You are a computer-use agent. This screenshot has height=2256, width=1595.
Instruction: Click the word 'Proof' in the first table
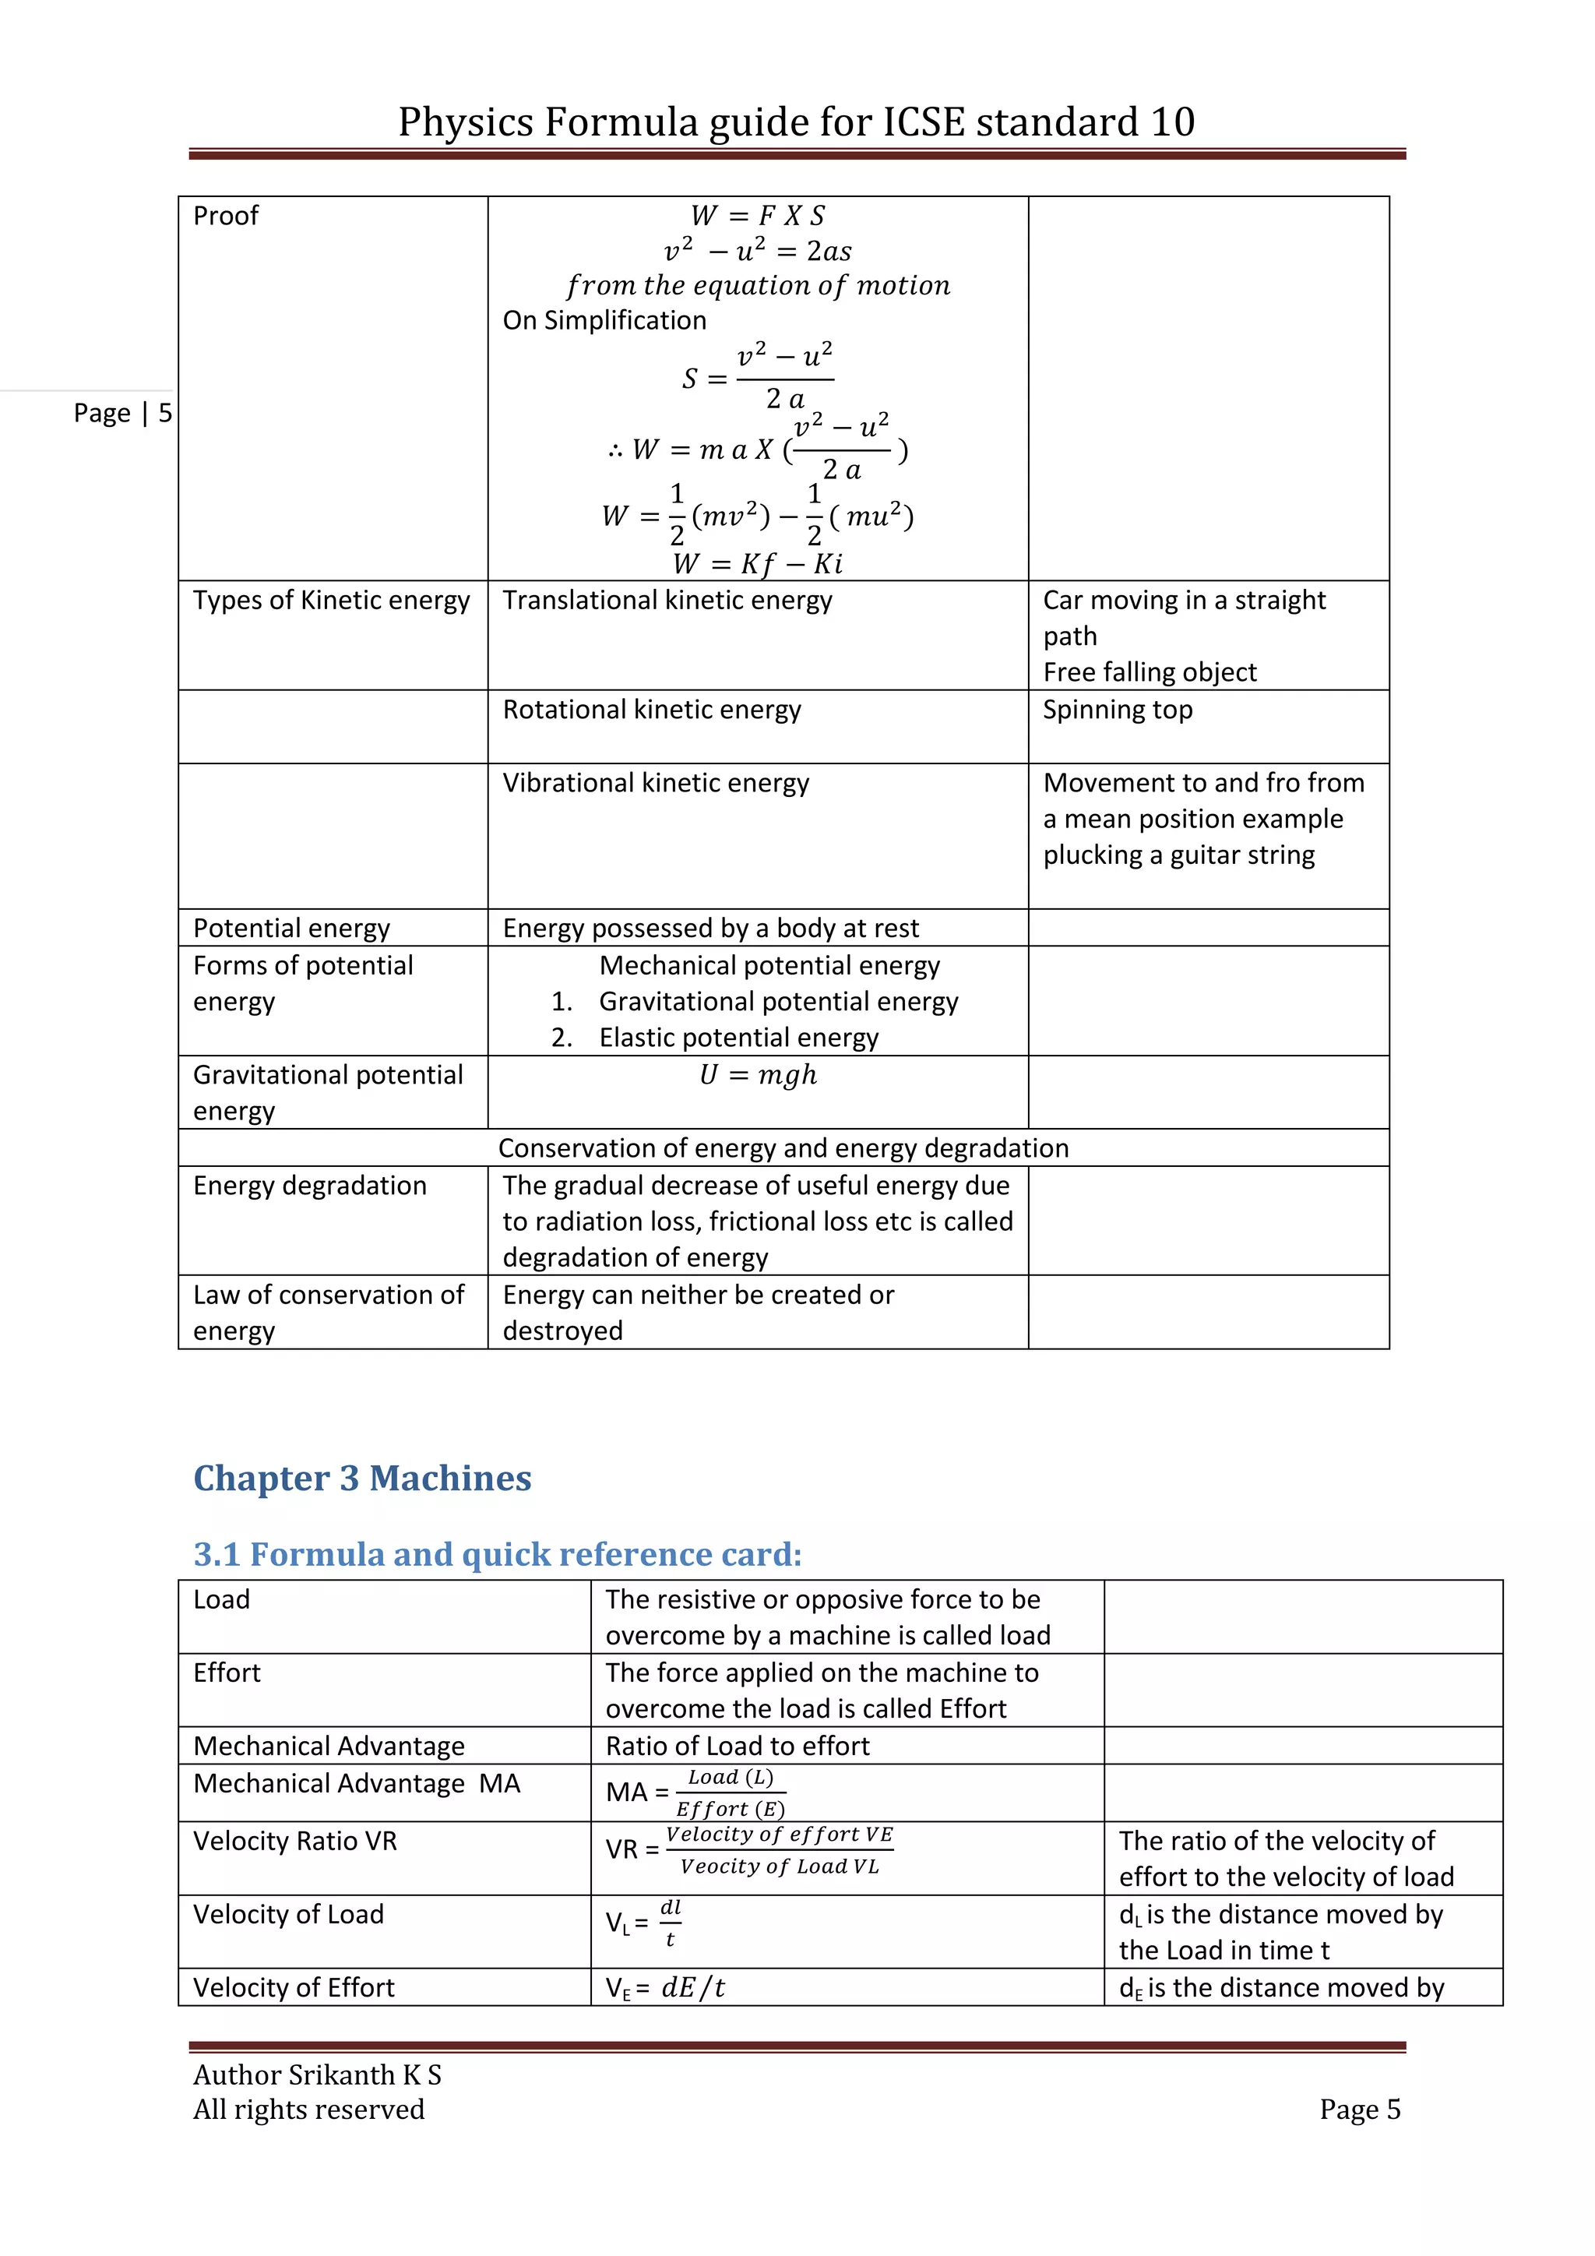[x=225, y=215]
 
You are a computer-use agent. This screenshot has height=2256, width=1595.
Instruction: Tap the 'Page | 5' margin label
[x=121, y=413]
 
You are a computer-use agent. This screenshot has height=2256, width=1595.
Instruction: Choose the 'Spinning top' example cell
[x=1117, y=710]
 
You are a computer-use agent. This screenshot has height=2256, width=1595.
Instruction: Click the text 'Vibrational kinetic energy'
[x=655, y=783]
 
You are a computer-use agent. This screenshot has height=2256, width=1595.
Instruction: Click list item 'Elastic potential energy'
[x=738, y=1038]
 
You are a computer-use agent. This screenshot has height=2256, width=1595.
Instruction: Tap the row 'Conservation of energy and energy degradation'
[x=783, y=1147]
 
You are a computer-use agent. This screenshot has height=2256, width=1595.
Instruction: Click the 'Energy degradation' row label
[x=309, y=1185]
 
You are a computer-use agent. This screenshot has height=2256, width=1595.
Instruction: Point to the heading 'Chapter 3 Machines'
[x=361, y=1478]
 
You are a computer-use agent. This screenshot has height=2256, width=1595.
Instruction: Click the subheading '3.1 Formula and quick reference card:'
[x=497, y=1553]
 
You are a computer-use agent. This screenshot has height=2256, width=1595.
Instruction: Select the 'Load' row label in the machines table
[x=221, y=1599]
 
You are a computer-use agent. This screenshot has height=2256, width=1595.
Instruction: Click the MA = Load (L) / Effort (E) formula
[x=695, y=1792]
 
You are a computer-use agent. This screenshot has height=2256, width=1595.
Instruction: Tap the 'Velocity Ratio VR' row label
[x=294, y=1840]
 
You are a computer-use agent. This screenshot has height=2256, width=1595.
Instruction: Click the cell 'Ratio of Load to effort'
[x=737, y=1746]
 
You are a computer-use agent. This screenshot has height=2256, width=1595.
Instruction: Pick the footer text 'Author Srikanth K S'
[x=316, y=2074]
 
